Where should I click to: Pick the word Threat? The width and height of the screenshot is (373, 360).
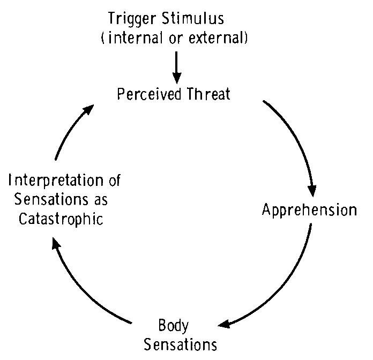(209, 95)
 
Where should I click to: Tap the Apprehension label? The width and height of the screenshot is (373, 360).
(309, 209)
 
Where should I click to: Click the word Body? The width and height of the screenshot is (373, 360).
(174, 325)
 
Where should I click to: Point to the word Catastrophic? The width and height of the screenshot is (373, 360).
(59, 219)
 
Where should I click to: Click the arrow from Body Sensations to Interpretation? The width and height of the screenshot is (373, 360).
(80, 284)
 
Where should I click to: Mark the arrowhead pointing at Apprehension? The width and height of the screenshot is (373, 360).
(311, 190)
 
